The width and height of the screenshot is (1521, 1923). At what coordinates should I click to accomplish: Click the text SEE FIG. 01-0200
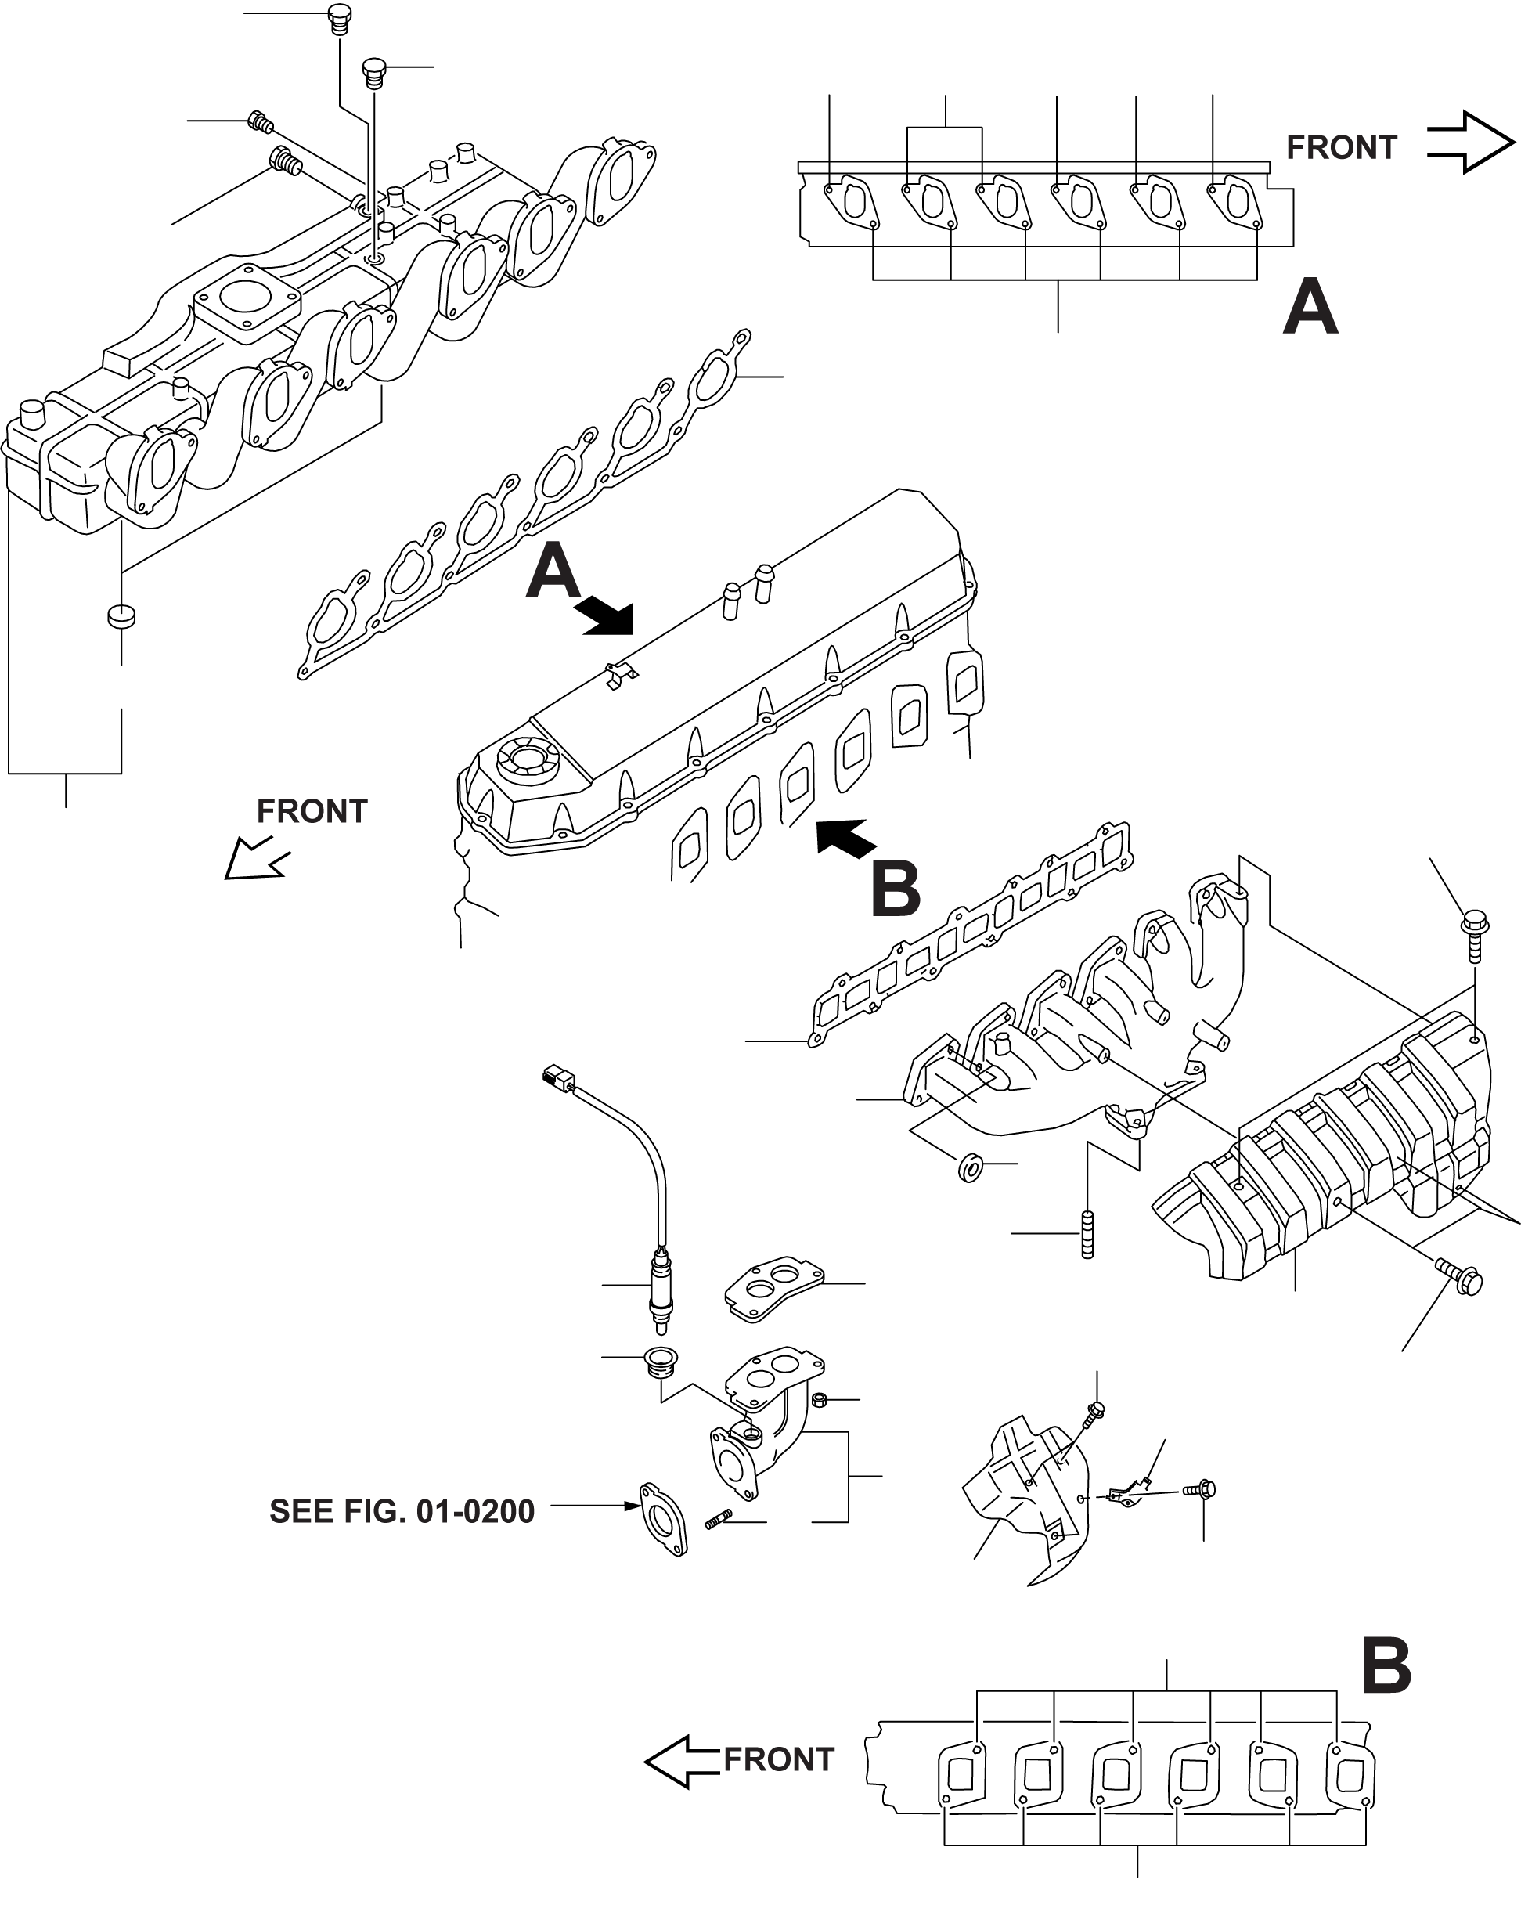402,1511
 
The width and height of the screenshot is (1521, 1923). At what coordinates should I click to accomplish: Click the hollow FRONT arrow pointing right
1470,143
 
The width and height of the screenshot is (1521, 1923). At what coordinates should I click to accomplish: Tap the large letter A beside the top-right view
1310,305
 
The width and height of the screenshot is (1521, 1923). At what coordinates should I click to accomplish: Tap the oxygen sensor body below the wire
660,1291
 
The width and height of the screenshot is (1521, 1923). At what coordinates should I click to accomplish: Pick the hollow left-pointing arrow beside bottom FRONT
682,1761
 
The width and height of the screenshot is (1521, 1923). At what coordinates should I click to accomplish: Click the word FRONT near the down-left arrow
312,811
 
